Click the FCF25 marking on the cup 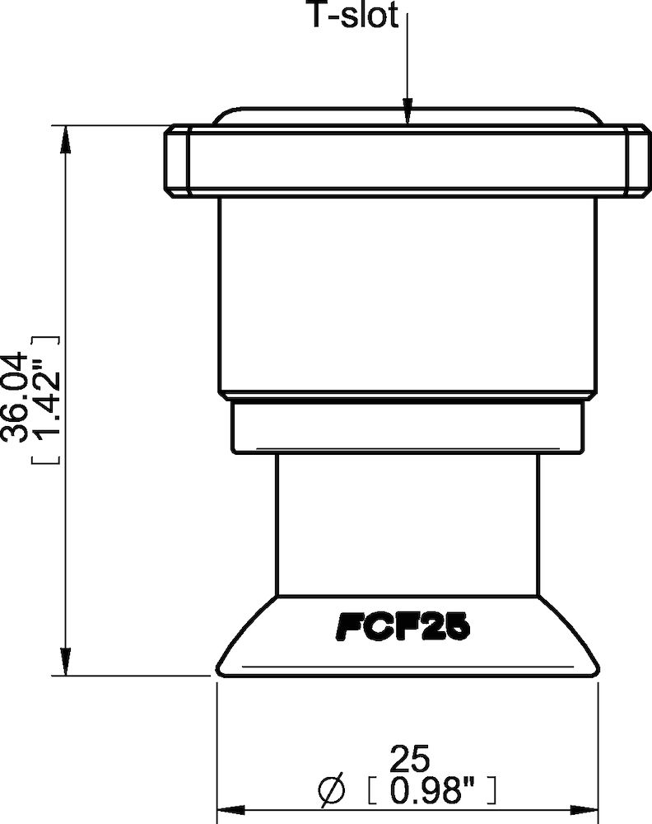point(403,630)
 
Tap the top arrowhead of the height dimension point(63,136)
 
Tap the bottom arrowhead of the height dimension point(63,664)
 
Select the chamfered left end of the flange point(175,162)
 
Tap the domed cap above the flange point(407,115)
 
